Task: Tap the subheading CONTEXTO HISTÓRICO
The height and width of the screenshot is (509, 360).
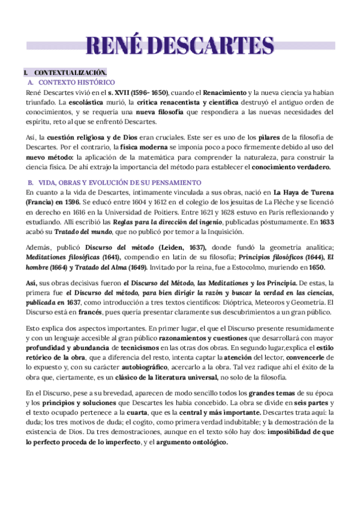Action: tap(76, 82)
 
